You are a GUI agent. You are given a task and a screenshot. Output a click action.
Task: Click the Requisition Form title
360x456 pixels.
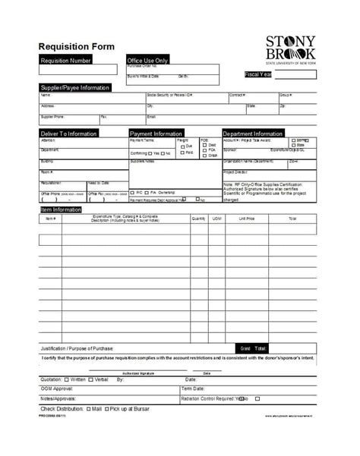click(x=77, y=46)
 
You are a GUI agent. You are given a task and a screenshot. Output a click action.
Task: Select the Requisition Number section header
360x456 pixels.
click(x=66, y=60)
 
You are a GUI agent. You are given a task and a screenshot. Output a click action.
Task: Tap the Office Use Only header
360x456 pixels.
click(x=148, y=60)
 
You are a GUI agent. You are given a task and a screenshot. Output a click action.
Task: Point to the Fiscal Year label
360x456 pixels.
click(x=259, y=74)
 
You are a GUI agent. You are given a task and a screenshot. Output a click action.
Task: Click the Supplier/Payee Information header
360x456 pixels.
click(x=74, y=88)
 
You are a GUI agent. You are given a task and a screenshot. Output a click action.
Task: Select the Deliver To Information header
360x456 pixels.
click(x=68, y=134)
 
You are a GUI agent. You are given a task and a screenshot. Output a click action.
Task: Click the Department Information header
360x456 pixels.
click(x=253, y=134)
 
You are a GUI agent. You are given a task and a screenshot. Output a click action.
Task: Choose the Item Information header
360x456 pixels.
click(x=62, y=209)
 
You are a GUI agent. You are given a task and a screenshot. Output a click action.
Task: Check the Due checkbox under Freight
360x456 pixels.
click(x=182, y=146)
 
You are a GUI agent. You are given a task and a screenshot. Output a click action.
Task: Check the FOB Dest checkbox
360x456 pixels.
click(x=204, y=145)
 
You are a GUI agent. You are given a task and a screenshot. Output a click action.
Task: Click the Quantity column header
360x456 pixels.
click(x=199, y=219)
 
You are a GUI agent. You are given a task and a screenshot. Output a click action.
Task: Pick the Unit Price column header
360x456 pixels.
click(x=246, y=219)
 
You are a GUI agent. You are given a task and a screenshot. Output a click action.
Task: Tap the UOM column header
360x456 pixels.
click(x=216, y=219)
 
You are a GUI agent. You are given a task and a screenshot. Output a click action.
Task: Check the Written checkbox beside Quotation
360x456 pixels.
click(x=65, y=379)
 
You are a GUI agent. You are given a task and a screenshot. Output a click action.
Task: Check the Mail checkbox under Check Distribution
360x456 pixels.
click(x=87, y=409)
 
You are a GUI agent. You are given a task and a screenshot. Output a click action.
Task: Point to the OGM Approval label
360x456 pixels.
click(x=58, y=388)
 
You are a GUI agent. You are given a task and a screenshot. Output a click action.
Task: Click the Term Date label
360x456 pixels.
click(x=193, y=388)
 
